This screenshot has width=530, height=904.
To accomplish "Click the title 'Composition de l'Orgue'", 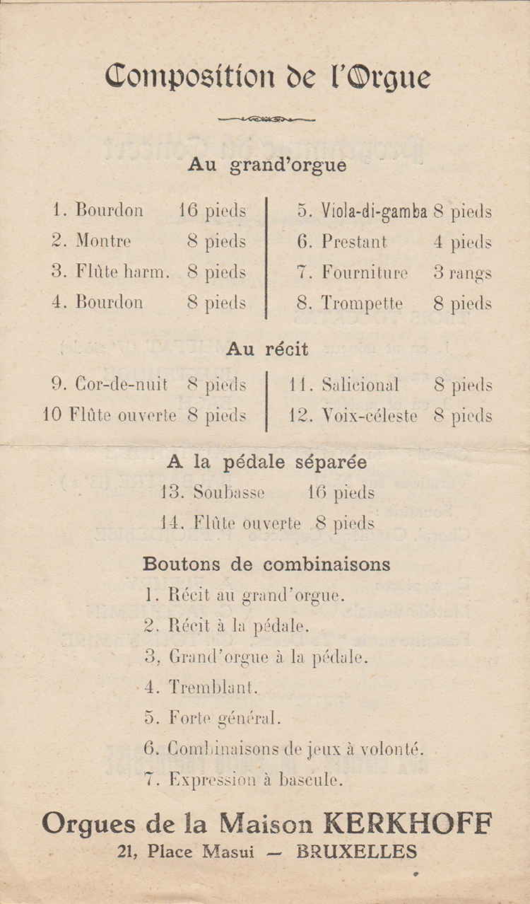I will (x=267, y=76).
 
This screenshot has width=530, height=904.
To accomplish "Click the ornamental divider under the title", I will (x=266, y=119).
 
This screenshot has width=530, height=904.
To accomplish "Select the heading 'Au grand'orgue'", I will (x=267, y=166).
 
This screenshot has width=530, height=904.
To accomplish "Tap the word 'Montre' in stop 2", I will (x=103, y=241).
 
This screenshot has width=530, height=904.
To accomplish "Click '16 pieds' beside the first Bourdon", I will (x=212, y=211).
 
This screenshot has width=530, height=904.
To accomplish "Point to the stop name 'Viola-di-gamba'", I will (x=374, y=211).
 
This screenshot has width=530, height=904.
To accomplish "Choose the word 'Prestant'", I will (x=354, y=242).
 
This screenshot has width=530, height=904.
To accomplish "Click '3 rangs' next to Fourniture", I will (x=463, y=273).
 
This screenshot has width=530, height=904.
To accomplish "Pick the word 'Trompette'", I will (x=362, y=303).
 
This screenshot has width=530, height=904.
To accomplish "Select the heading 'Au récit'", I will (x=267, y=349).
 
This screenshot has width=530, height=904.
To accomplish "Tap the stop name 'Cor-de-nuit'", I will (x=121, y=384).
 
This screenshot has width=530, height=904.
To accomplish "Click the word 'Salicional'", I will (x=360, y=385).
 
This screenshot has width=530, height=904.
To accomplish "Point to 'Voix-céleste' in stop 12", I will (x=370, y=416).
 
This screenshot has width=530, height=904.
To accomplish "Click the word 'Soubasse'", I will (x=229, y=492).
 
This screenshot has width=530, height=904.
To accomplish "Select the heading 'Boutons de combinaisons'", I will (x=266, y=564).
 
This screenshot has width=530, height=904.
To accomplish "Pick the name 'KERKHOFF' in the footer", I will (x=407, y=823).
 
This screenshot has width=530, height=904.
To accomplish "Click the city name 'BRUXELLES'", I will (x=356, y=852).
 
